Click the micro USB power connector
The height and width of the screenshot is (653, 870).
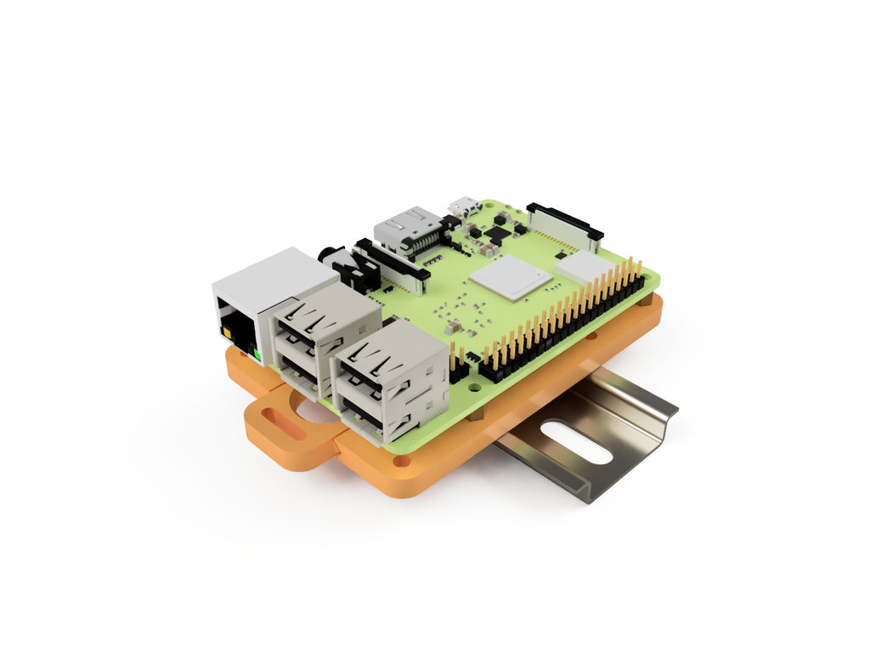click(x=464, y=207)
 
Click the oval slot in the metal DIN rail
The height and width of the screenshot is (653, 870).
click(x=574, y=442)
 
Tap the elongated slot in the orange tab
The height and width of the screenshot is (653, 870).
click(x=284, y=424)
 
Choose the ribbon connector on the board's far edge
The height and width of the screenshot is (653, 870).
click(x=564, y=222)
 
